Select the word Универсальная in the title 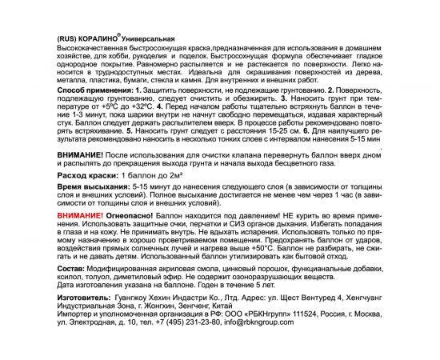point(148,38)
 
